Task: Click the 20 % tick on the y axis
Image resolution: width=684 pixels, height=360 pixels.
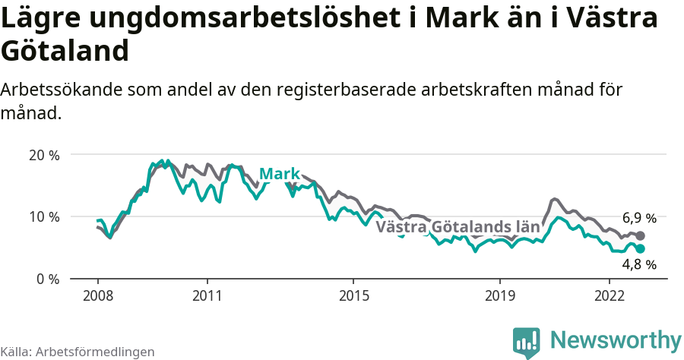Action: click(x=44, y=155)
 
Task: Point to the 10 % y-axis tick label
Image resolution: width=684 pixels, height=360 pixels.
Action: click(x=44, y=216)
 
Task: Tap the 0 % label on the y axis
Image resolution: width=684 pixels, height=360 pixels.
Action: click(x=48, y=279)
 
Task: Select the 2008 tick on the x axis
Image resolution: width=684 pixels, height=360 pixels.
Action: click(x=97, y=295)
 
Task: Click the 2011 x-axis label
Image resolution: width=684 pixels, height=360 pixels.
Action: click(x=207, y=295)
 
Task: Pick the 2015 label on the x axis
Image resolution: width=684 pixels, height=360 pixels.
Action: click(x=353, y=295)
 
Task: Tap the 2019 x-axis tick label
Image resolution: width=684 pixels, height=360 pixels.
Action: click(x=500, y=295)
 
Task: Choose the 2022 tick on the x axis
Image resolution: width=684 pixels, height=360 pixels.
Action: click(x=610, y=295)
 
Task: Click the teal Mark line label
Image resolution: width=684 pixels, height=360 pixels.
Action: click(x=280, y=175)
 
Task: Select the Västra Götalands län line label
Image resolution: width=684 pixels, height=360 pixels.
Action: click(x=458, y=227)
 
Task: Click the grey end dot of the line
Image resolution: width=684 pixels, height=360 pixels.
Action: click(x=640, y=235)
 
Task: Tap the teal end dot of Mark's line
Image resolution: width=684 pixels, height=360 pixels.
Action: click(x=640, y=248)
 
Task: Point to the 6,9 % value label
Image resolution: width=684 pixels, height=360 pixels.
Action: click(x=639, y=219)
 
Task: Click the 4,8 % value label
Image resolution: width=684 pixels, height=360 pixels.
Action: click(x=639, y=264)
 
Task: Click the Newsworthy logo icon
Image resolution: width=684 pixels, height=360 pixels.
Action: click(x=527, y=343)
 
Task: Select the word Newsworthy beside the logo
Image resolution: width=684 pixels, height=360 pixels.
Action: click(x=616, y=339)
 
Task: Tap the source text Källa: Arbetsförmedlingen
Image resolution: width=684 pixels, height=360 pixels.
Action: click(x=78, y=352)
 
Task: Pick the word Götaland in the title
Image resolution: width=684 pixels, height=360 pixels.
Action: click(x=64, y=51)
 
